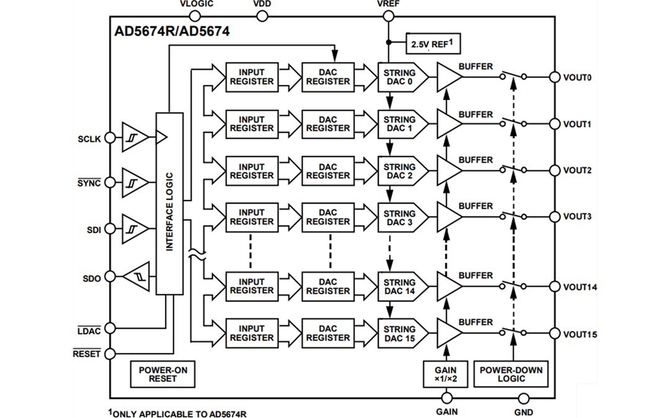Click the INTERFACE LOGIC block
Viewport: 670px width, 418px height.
(170, 204)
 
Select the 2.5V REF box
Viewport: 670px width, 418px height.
(434, 45)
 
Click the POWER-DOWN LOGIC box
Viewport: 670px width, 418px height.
(511, 374)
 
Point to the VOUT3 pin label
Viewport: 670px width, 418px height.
(578, 217)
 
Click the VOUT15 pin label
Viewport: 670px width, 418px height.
(580, 334)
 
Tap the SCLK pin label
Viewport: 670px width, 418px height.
(89, 139)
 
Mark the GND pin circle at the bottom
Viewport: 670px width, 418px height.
(523, 398)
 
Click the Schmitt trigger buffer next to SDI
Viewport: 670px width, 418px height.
(135, 230)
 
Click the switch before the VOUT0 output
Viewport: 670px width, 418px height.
(512, 77)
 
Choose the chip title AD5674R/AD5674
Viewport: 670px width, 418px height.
(172, 32)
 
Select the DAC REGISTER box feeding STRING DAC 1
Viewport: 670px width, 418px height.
(328, 124)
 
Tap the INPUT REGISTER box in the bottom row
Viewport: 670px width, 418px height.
(251, 333)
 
